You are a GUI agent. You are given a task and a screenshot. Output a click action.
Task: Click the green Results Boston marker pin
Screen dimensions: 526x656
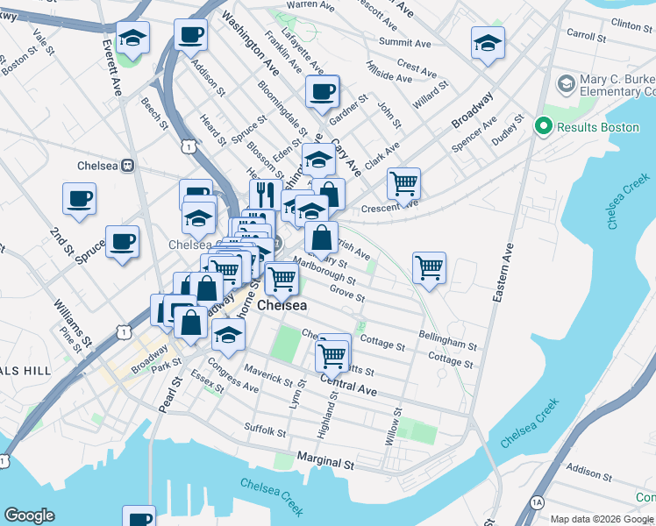(x=543, y=127)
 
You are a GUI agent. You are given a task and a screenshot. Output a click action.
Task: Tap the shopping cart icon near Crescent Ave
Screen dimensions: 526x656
(x=403, y=184)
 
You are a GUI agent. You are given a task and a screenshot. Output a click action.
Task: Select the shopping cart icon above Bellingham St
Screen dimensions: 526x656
(x=429, y=268)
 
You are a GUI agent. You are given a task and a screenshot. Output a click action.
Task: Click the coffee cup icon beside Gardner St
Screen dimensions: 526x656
(x=322, y=90)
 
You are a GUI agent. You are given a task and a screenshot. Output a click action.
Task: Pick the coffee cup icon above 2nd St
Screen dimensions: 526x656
(x=79, y=198)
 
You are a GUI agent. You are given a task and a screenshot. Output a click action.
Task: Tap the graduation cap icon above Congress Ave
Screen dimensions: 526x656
(x=228, y=335)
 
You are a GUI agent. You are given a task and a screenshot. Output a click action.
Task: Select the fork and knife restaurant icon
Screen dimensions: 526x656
(x=265, y=194)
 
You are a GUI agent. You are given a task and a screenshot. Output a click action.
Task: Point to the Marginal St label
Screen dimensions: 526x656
(x=324, y=458)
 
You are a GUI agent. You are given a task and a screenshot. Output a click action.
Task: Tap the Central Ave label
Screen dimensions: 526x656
(x=348, y=385)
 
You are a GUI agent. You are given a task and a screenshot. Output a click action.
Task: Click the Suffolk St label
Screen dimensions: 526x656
(x=265, y=430)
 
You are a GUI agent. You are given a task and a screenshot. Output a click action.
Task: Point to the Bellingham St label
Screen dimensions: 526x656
(x=447, y=336)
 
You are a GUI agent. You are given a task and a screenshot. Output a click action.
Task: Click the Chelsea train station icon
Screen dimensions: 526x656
(x=127, y=164)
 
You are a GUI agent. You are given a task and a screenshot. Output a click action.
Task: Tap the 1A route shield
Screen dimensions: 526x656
(x=538, y=501)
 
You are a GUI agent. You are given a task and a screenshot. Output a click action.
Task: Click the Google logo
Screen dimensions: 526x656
(x=31, y=515)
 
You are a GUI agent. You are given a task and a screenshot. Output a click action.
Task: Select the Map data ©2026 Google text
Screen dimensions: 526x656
(x=602, y=519)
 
